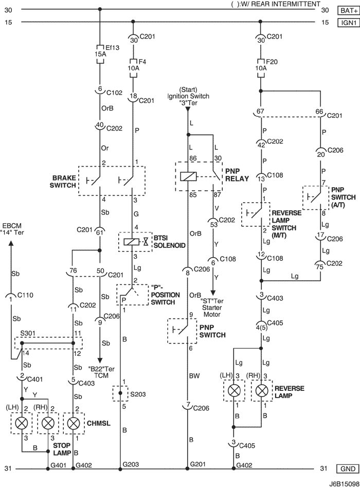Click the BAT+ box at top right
(348, 10)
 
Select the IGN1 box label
(348, 23)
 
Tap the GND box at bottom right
(348, 468)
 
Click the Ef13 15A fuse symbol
(100, 54)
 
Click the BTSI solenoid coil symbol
(131, 242)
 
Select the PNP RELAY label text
(237, 175)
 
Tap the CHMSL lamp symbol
(74, 423)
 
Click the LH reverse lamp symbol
(234, 390)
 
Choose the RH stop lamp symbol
(48, 423)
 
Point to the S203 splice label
(138, 394)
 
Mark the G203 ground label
(131, 464)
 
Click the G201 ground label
(198, 464)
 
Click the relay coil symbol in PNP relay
(188, 176)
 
